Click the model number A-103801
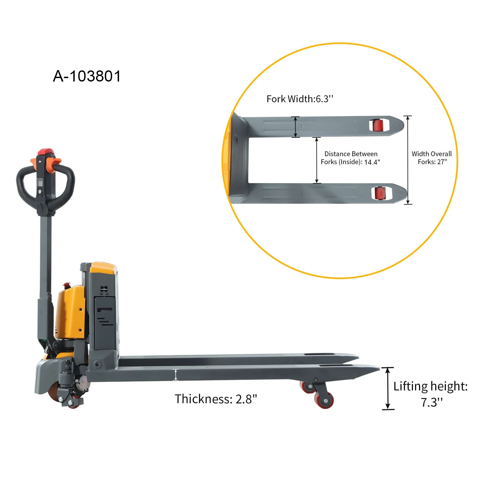click(x=87, y=76)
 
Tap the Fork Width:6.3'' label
click(x=300, y=99)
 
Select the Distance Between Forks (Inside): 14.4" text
click(x=351, y=158)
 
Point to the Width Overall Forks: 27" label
click(x=432, y=158)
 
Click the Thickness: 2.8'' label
click(x=216, y=399)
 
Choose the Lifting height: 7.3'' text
click(x=430, y=394)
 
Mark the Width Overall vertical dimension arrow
click(x=408, y=160)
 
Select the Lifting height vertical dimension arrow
click(x=388, y=389)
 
